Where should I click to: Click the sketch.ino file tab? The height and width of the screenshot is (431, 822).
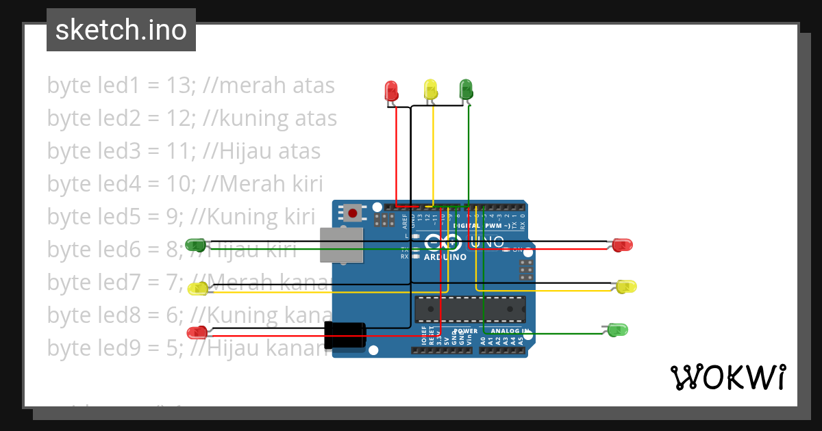click(x=121, y=30)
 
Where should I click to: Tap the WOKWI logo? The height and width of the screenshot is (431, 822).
click(x=727, y=377)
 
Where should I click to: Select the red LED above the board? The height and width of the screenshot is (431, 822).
click(x=391, y=91)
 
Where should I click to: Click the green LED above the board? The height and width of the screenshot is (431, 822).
click(x=466, y=89)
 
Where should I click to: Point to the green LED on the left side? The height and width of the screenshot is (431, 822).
click(x=196, y=244)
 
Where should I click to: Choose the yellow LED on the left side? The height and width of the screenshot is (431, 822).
click(x=198, y=289)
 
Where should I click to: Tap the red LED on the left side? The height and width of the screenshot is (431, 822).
click(x=197, y=332)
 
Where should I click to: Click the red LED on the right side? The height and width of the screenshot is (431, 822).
click(x=622, y=244)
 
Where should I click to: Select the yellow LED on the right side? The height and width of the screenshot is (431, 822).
click(x=626, y=287)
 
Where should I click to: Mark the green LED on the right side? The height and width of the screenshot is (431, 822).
click(x=618, y=330)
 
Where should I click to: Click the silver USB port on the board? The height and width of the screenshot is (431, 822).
click(x=341, y=246)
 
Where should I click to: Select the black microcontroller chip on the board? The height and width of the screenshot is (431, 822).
click(x=470, y=309)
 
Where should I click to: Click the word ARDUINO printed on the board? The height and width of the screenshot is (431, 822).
click(x=445, y=257)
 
